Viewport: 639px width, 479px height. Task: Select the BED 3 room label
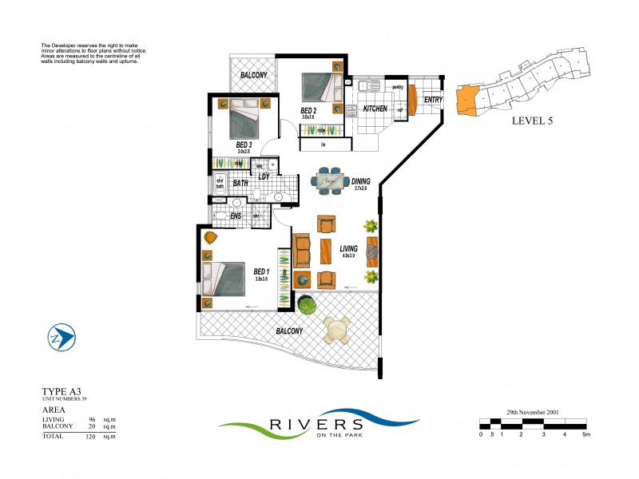point(244,144)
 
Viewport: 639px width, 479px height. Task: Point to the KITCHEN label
point(375,108)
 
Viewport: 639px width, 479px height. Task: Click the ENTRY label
point(433,100)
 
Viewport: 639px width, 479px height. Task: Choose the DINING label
point(360,181)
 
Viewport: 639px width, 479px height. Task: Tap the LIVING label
point(348,249)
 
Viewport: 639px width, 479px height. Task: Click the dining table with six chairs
point(328,181)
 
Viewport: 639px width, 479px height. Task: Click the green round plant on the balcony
point(306,304)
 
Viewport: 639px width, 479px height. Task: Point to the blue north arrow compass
point(62,338)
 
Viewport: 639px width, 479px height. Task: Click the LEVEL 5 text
point(531,121)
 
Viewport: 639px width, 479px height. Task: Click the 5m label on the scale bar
point(585,435)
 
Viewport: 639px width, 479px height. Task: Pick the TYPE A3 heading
point(62,391)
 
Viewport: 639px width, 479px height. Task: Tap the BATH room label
point(240,184)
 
